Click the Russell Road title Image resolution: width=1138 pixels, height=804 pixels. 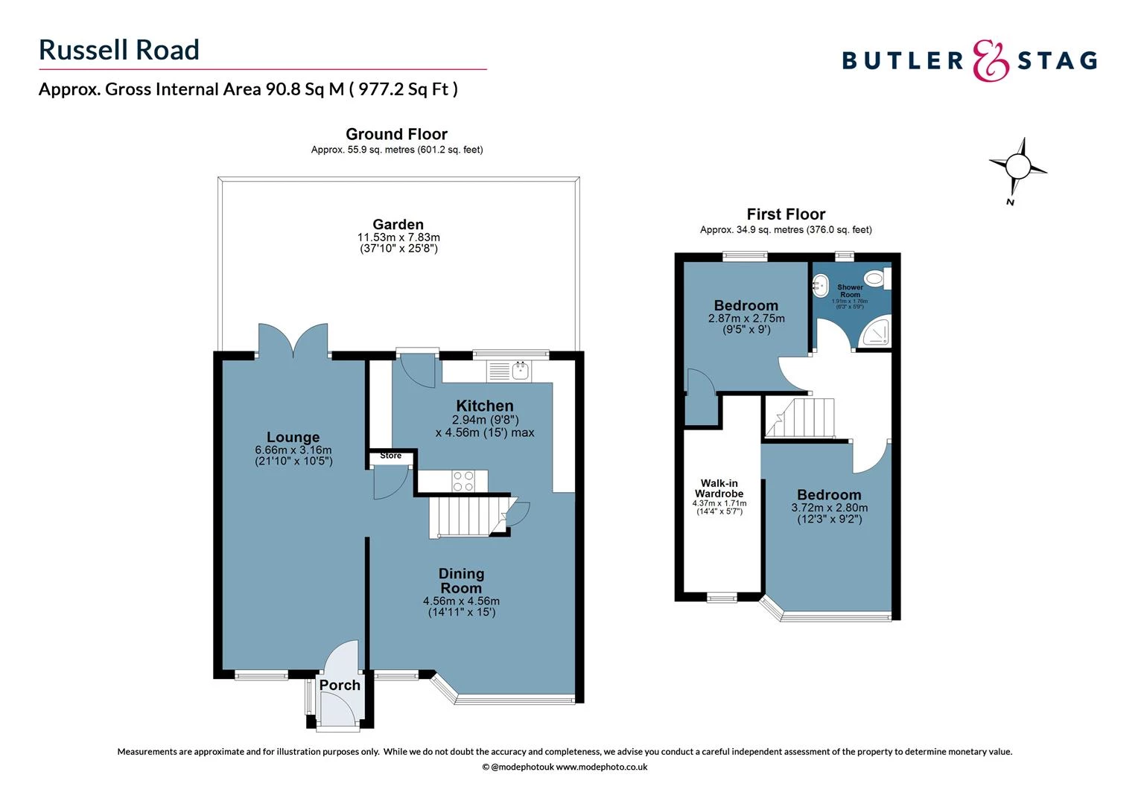[119, 50]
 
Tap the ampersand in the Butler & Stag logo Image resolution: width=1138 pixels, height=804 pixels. [991, 60]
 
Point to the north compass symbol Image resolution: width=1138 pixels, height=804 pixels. [1017, 167]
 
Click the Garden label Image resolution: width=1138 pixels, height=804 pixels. [398, 224]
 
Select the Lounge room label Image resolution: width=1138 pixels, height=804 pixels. [293, 437]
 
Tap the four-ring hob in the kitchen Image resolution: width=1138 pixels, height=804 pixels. [463, 481]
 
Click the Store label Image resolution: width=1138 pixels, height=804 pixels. [390, 456]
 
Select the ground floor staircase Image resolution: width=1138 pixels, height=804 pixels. [462, 517]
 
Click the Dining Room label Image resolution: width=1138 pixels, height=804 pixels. [461, 581]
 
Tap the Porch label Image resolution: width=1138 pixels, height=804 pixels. [340, 685]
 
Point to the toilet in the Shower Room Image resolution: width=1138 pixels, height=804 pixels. [877, 279]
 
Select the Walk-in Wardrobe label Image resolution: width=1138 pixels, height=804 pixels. [719, 488]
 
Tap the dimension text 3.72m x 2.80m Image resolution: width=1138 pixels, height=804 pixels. [829, 508]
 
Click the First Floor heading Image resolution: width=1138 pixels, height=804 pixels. [786, 214]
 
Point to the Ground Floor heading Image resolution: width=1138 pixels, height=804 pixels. [396, 134]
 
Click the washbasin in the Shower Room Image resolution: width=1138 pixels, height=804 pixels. [820, 283]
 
